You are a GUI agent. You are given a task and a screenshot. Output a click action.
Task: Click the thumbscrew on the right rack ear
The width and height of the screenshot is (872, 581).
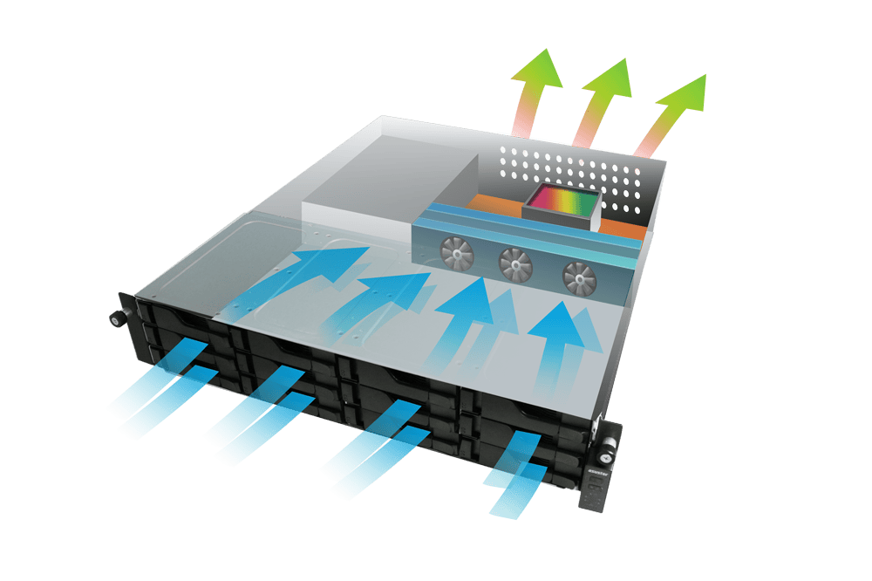[x=606, y=455]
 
